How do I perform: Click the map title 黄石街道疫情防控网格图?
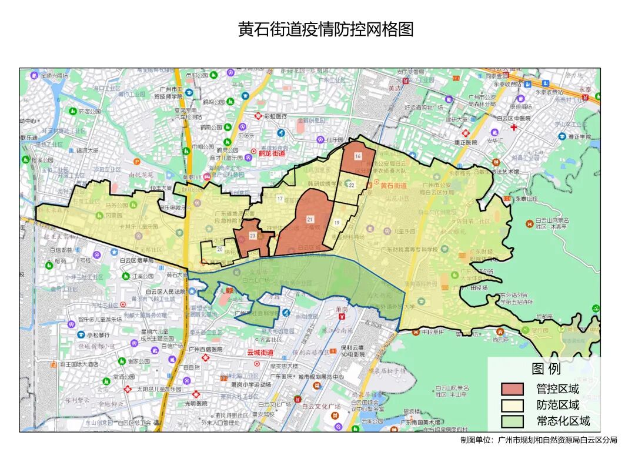point(325,29)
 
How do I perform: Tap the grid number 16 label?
point(357,156)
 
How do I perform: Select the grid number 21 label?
point(310,219)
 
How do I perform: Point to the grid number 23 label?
point(253,236)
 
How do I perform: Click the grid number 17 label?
point(280,199)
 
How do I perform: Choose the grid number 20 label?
point(220,249)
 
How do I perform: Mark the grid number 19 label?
point(337,223)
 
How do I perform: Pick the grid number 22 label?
point(351,185)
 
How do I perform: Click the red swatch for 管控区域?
point(512,389)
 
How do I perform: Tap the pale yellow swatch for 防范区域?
point(512,405)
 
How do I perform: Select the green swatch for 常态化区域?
point(512,421)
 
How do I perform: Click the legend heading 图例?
point(546,369)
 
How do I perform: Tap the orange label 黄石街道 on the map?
point(393,186)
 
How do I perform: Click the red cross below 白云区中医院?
point(514,127)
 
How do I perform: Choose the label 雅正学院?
point(579,137)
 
